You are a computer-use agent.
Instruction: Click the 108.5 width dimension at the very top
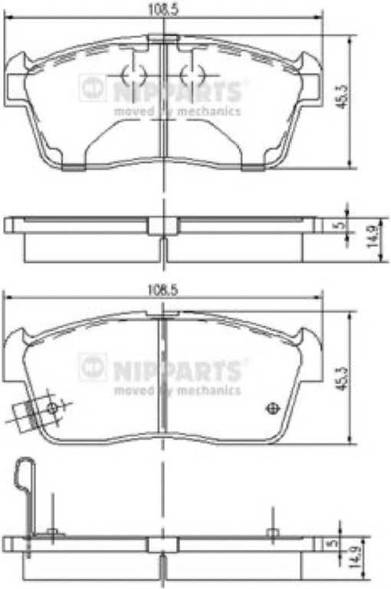point(163,9)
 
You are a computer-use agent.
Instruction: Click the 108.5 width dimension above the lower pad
point(163,289)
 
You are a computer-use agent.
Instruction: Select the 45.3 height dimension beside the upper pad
point(341,97)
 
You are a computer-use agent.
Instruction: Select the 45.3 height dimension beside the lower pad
point(341,377)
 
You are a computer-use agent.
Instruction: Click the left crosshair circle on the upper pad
point(133,74)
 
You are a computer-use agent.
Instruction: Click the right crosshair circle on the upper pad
point(192,74)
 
